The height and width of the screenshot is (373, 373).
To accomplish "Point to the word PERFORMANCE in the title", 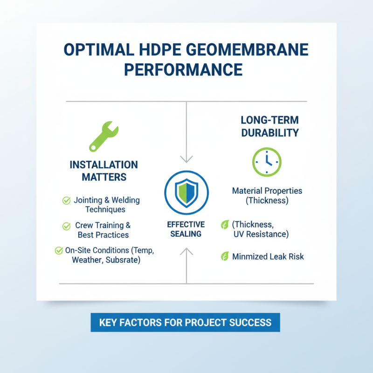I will pyautogui.click(x=186, y=69).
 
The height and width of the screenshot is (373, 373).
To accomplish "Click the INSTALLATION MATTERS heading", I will pyautogui.click(x=104, y=171).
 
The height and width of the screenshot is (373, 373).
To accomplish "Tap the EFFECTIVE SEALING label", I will pyautogui.click(x=186, y=229).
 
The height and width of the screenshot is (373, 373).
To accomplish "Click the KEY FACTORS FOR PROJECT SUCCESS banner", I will pyautogui.click(x=185, y=322).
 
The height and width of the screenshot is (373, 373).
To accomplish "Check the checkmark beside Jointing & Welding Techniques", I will pyautogui.click(x=66, y=200).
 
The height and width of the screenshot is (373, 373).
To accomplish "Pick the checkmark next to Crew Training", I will pyautogui.click(x=66, y=226).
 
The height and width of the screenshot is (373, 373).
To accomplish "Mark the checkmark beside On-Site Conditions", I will pyautogui.click(x=59, y=250).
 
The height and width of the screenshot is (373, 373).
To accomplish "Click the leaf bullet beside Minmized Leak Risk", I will pyautogui.click(x=224, y=256).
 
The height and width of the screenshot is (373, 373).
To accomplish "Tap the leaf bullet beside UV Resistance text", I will pyautogui.click(x=224, y=225).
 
